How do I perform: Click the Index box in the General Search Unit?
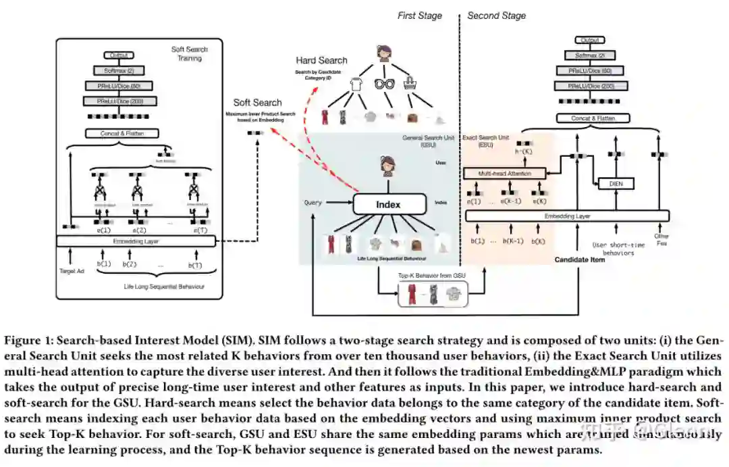(388, 204)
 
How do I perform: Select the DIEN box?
(615, 183)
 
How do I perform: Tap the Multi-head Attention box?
(505, 174)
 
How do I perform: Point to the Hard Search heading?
(322, 61)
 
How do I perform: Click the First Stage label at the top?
(419, 15)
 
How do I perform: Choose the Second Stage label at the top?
(496, 15)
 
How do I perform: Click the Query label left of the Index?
(313, 202)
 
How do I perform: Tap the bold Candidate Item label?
(579, 260)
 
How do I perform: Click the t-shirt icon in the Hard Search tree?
(356, 85)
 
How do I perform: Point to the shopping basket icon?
(410, 84)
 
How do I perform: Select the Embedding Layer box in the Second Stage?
(568, 216)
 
